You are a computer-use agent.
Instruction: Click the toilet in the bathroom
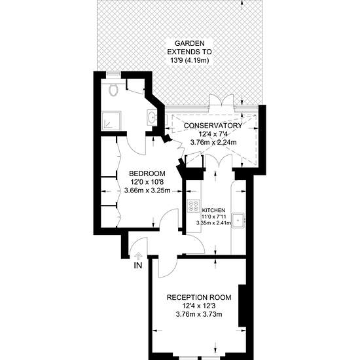[113, 90]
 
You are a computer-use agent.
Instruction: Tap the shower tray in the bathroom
[111, 121]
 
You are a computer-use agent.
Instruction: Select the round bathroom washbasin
[152, 117]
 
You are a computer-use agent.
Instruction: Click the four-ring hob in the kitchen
[193, 206]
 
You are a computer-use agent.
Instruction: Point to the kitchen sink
[238, 221]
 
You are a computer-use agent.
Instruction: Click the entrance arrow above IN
[139, 256]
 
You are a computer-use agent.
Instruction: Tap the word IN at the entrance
[138, 265]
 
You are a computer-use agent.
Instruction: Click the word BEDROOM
[147, 173]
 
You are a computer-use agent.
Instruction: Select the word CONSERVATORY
[213, 126]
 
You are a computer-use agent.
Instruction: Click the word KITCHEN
[213, 210]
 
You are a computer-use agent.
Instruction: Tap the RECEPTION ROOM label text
[199, 297]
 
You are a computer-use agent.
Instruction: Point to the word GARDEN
[189, 43]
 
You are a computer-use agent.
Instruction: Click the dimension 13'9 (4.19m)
[189, 61]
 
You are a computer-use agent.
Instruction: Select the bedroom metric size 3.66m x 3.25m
[147, 190]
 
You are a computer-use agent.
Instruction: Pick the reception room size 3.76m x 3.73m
[199, 314]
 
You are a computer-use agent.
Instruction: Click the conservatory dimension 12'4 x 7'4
[213, 134]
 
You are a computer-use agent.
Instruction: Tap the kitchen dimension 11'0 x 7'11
[213, 216]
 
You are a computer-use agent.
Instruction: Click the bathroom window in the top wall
[114, 73]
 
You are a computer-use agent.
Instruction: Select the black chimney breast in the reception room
[242, 306]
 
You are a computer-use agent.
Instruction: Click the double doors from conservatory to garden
[222, 101]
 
